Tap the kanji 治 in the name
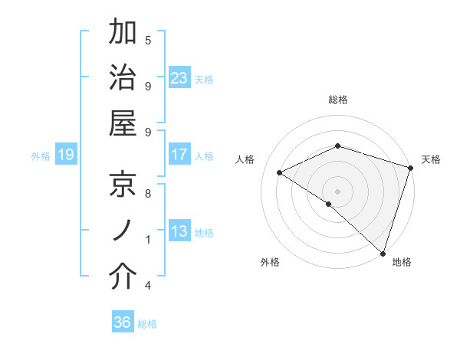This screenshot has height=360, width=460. (123, 79)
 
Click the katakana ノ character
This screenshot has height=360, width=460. (123, 231)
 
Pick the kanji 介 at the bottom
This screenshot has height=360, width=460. (123, 278)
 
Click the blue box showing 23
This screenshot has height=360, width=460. (179, 78)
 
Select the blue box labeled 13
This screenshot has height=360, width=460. (179, 232)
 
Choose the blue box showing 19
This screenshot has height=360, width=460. (66, 155)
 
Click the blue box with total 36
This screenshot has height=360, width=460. (123, 323)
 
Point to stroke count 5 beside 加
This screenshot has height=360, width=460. (147, 41)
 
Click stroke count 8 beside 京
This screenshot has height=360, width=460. (147, 194)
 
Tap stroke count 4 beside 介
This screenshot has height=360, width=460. (147, 286)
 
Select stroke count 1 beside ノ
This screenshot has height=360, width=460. (147, 240)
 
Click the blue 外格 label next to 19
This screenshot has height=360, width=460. (41, 156)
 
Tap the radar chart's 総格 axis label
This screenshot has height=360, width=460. (338, 100)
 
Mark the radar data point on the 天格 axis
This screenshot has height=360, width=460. (411, 168)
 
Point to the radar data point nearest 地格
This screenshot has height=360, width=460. (383, 251)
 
